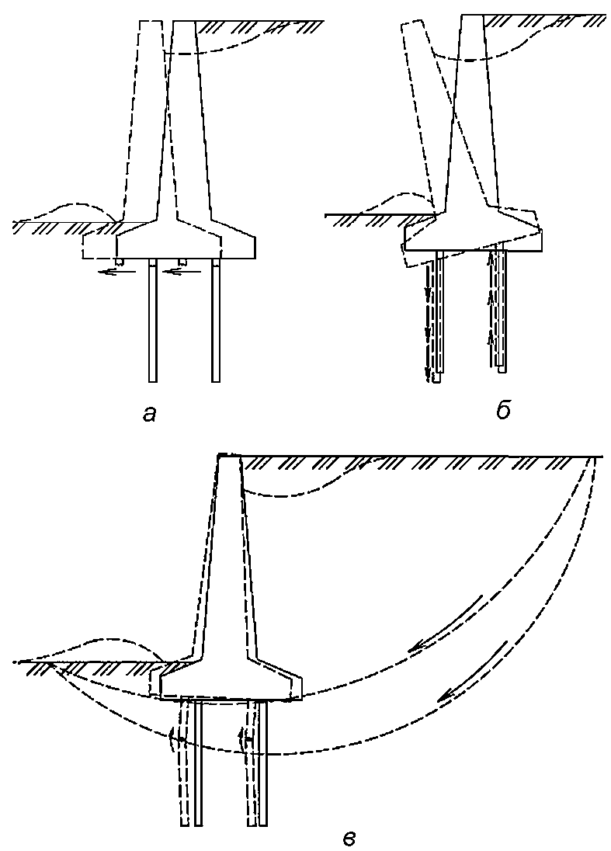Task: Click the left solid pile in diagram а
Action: click(x=153, y=320)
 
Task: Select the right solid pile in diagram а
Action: click(x=216, y=320)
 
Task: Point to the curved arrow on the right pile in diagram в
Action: click(x=242, y=738)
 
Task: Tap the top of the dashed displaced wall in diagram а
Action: click(x=151, y=22)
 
